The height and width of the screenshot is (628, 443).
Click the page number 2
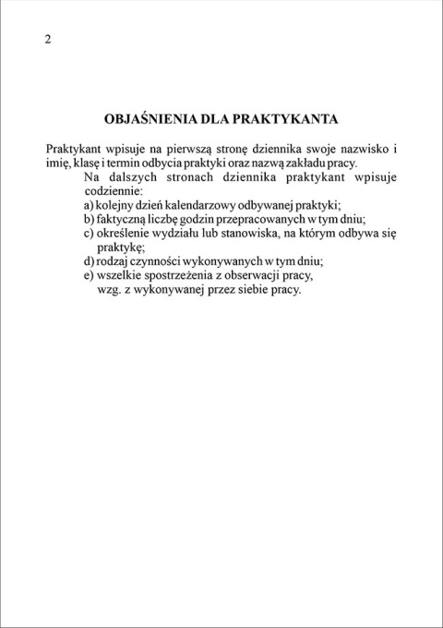[48, 39]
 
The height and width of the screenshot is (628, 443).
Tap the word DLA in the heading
[216, 119]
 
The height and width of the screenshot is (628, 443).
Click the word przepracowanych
[263, 219]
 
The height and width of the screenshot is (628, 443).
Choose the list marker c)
[89, 234]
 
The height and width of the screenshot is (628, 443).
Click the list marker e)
[89, 275]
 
